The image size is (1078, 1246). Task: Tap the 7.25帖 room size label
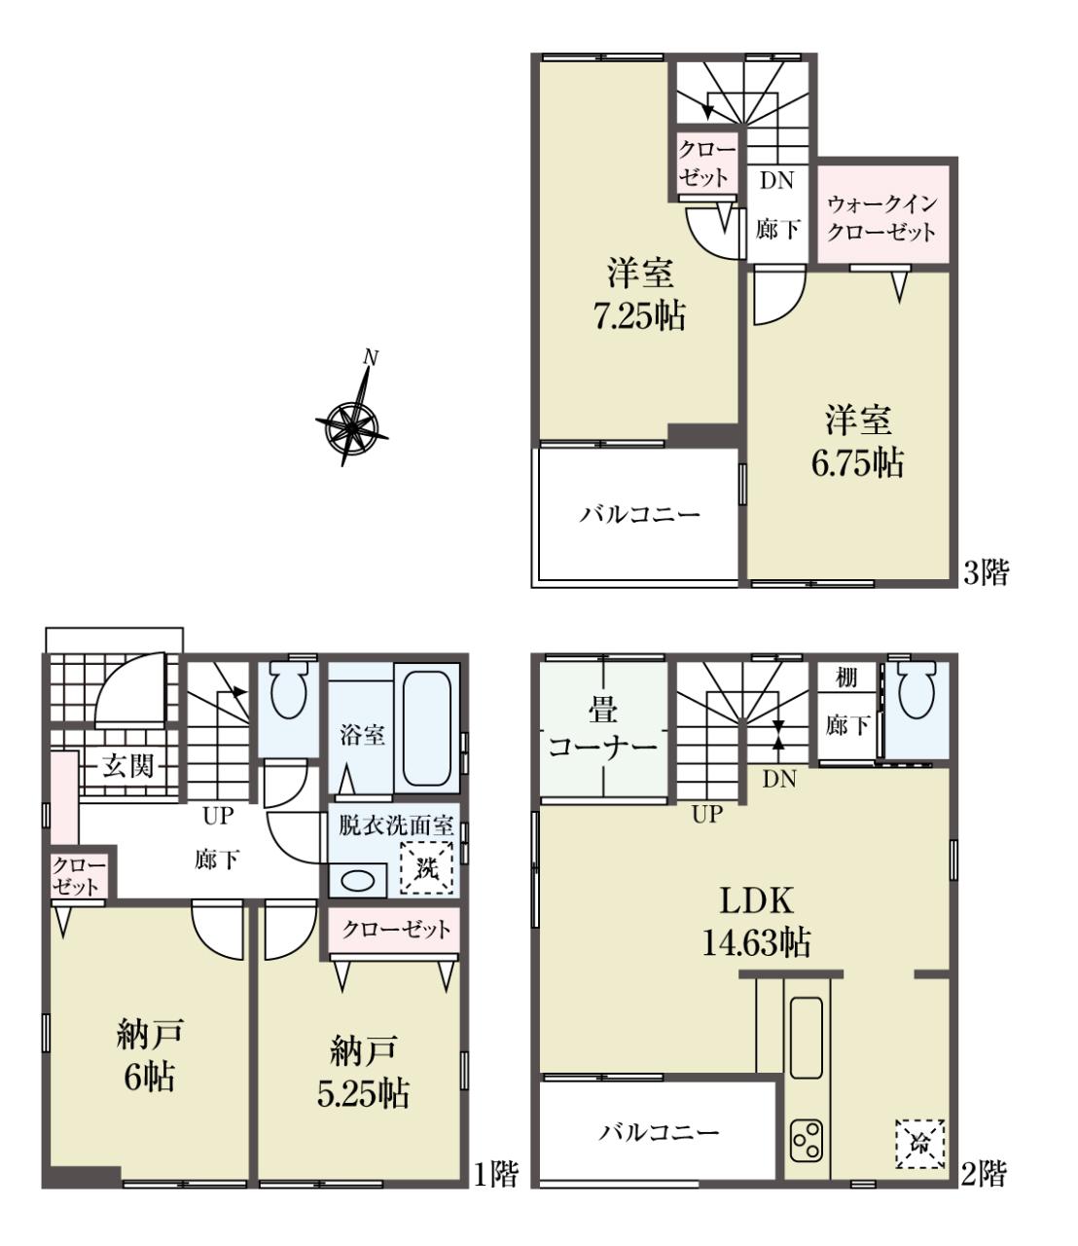pos(640,315)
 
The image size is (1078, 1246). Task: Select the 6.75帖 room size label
pos(857,463)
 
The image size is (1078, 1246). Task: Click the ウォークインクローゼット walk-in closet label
pos(881,218)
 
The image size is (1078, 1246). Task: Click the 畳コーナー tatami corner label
pos(602,728)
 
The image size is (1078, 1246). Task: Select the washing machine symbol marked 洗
pos(426,867)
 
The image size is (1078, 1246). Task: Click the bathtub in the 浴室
pos(426,727)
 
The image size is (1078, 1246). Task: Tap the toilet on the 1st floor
pos(289,689)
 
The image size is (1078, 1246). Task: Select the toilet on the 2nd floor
pos(916,689)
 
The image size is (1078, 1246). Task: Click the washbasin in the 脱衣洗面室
pos(358,880)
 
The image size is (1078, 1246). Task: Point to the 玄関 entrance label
pos(127,766)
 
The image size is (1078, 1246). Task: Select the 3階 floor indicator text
pos(986,572)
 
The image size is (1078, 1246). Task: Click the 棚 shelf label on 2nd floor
pos(846,678)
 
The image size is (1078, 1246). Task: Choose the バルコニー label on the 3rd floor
pos(640,515)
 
